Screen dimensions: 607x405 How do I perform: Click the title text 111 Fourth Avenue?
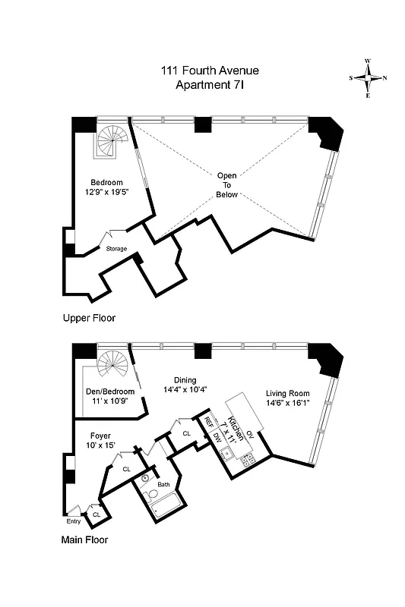click(209, 71)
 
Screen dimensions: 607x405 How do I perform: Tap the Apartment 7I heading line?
click(209, 85)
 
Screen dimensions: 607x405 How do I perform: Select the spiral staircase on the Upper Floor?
click(110, 140)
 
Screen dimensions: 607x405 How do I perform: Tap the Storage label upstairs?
click(116, 248)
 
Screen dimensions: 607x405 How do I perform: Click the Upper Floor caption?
click(89, 318)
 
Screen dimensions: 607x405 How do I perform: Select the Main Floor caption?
click(84, 540)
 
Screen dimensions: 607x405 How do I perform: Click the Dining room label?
click(185, 385)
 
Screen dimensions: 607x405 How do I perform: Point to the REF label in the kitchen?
click(207, 427)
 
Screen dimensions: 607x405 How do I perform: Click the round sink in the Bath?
click(145, 478)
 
